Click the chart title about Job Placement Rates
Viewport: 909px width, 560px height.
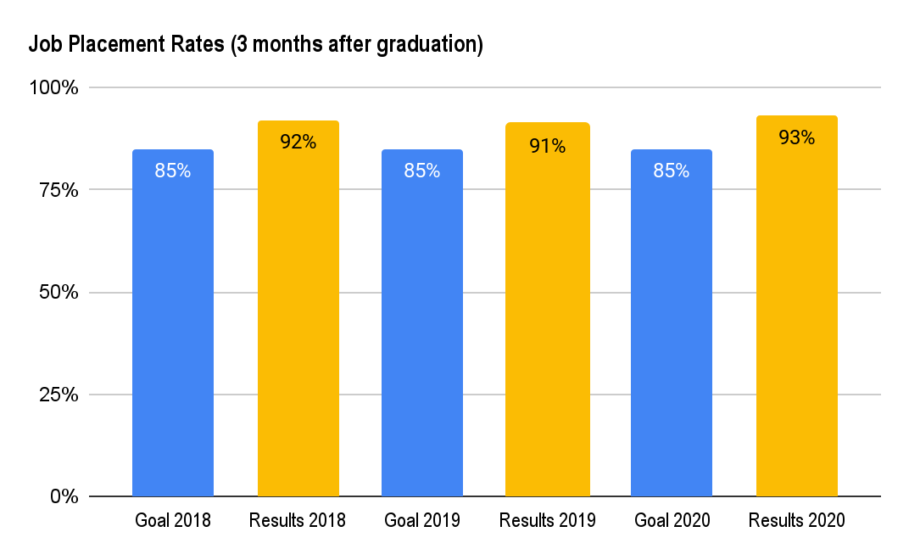pyautogui.click(x=255, y=45)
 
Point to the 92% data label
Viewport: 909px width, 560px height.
pyautogui.click(x=298, y=143)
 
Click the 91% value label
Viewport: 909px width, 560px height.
pyautogui.click(x=547, y=146)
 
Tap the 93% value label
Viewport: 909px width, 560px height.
pyautogui.click(x=796, y=137)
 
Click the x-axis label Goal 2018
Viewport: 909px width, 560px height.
pyautogui.click(x=173, y=520)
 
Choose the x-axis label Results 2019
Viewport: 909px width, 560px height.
pyautogui.click(x=547, y=520)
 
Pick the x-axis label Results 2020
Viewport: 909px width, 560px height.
pyautogui.click(x=796, y=520)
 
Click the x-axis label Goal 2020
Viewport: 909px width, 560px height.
pyautogui.click(x=672, y=520)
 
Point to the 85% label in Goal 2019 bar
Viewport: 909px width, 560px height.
pyautogui.click(x=422, y=171)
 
